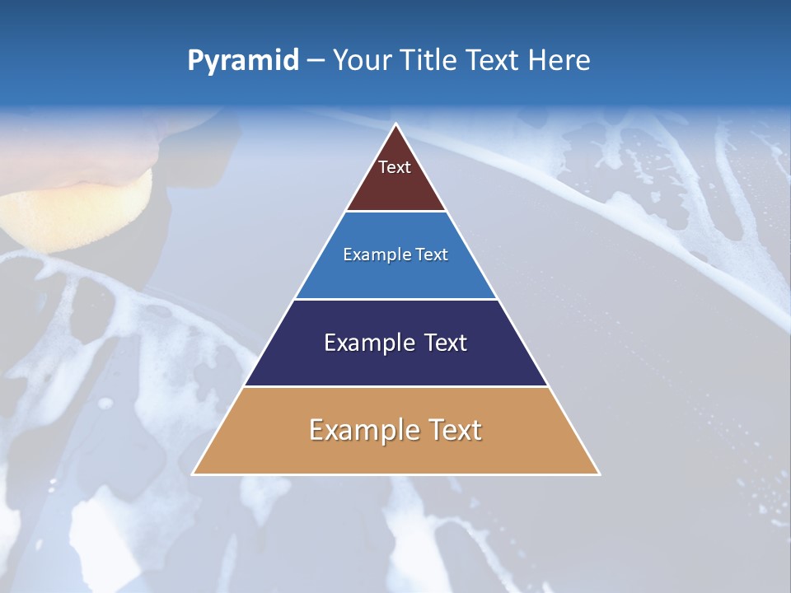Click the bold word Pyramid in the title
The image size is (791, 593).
[243, 60]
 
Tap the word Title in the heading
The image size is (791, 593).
[434, 60]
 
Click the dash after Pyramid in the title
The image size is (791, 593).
[316, 60]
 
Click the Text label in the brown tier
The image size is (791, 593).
[395, 167]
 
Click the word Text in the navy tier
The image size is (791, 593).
[444, 343]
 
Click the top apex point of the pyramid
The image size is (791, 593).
[396, 124]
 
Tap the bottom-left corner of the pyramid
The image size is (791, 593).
[193, 474]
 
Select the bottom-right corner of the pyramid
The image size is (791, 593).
[599, 474]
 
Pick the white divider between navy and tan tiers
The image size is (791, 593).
[396, 386]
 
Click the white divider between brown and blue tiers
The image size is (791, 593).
[396, 212]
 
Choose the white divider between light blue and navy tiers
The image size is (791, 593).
[396, 299]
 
